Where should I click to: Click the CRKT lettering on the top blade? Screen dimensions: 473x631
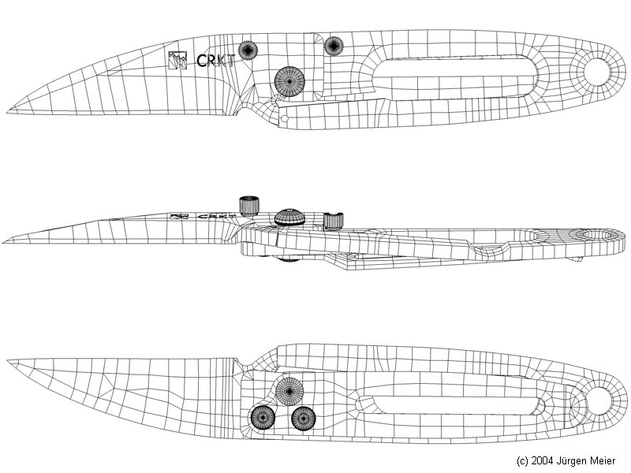pyautogui.click(x=215, y=61)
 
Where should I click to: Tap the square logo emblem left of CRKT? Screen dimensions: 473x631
pyautogui.click(x=178, y=60)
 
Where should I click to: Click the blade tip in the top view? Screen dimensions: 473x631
pyautogui.click(x=9, y=110)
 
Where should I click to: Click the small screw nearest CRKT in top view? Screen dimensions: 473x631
pyautogui.click(x=249, y=51)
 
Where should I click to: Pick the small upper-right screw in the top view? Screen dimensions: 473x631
pyautogui.click(x=334, y=46)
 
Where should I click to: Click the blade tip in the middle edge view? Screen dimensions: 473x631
pyautogui.click(x=6, y=240)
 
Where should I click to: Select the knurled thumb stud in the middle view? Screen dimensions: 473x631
pyautogui.click(x=250, y=205)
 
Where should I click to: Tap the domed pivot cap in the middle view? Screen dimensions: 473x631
pyautogui.click(x=290, y=217)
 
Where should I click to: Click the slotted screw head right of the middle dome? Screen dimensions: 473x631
pyautogui.click(x=334, y=220)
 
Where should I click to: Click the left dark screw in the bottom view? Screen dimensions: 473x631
pyautogui.click(x=261, y=419)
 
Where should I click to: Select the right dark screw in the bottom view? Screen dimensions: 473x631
pyautogui.click(x=304, y=419)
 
